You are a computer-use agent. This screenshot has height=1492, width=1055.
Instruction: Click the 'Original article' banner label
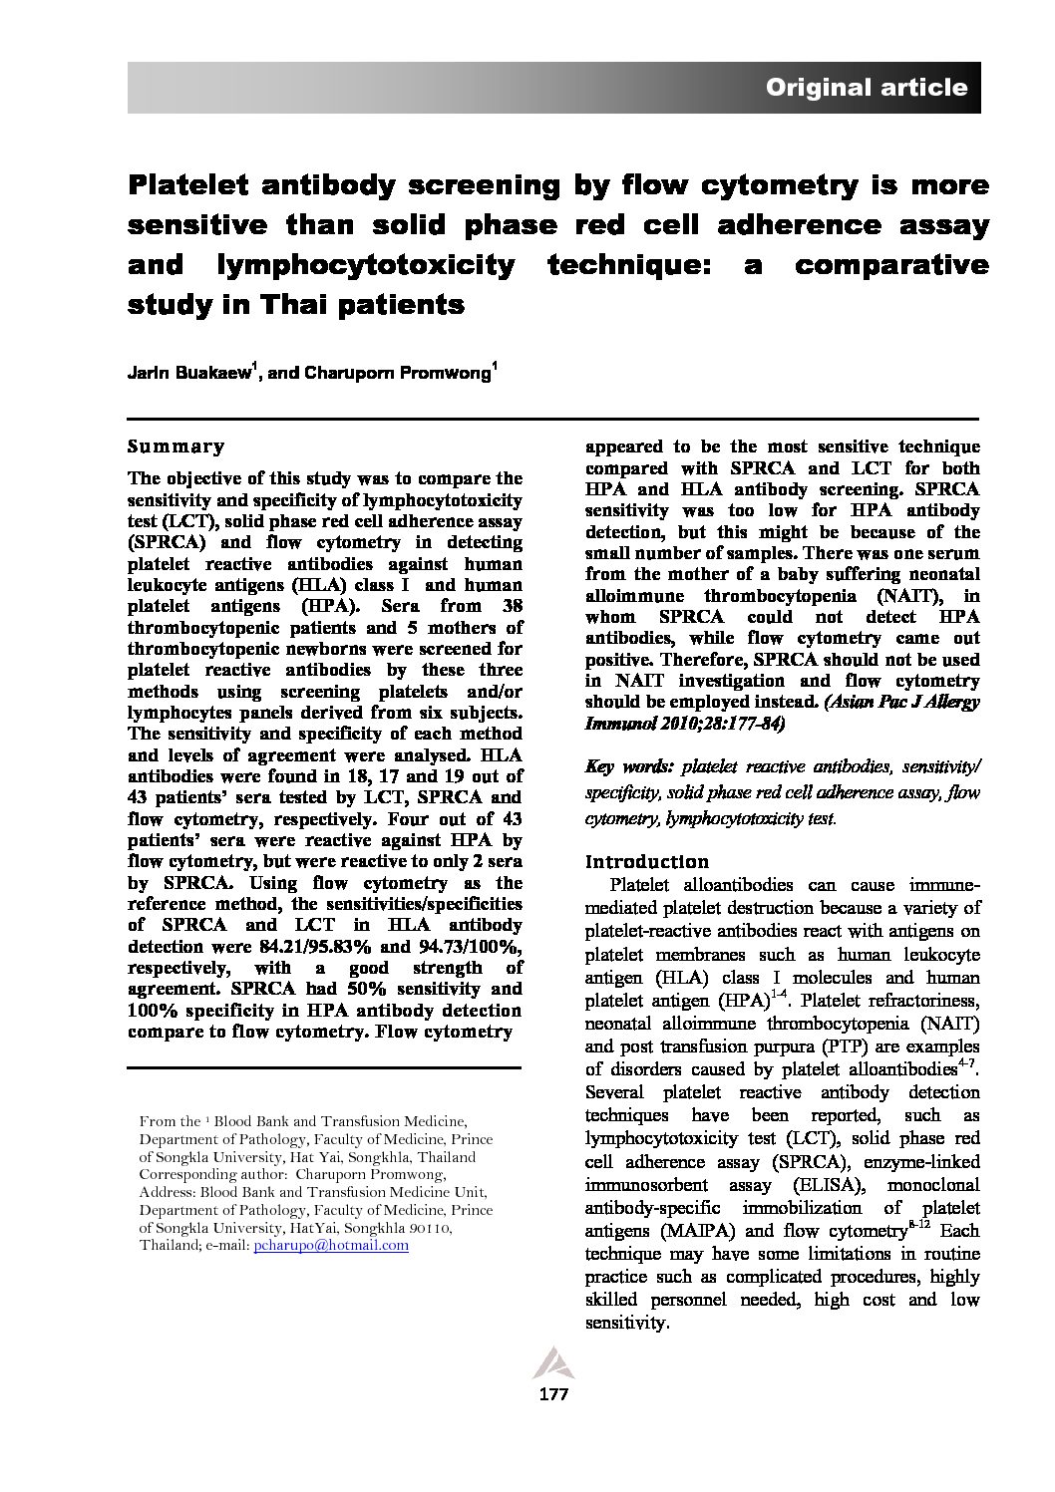click(x=866, y=88)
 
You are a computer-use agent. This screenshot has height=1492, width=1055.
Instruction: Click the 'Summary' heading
click(x=176, y=447)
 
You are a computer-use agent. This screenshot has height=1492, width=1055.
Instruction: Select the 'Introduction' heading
click(x=647, y=861)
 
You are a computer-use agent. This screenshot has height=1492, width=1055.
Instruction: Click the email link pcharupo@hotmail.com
click(x=331, y=1245)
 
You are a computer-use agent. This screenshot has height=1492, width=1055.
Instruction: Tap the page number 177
click(x=552, y=1394)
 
